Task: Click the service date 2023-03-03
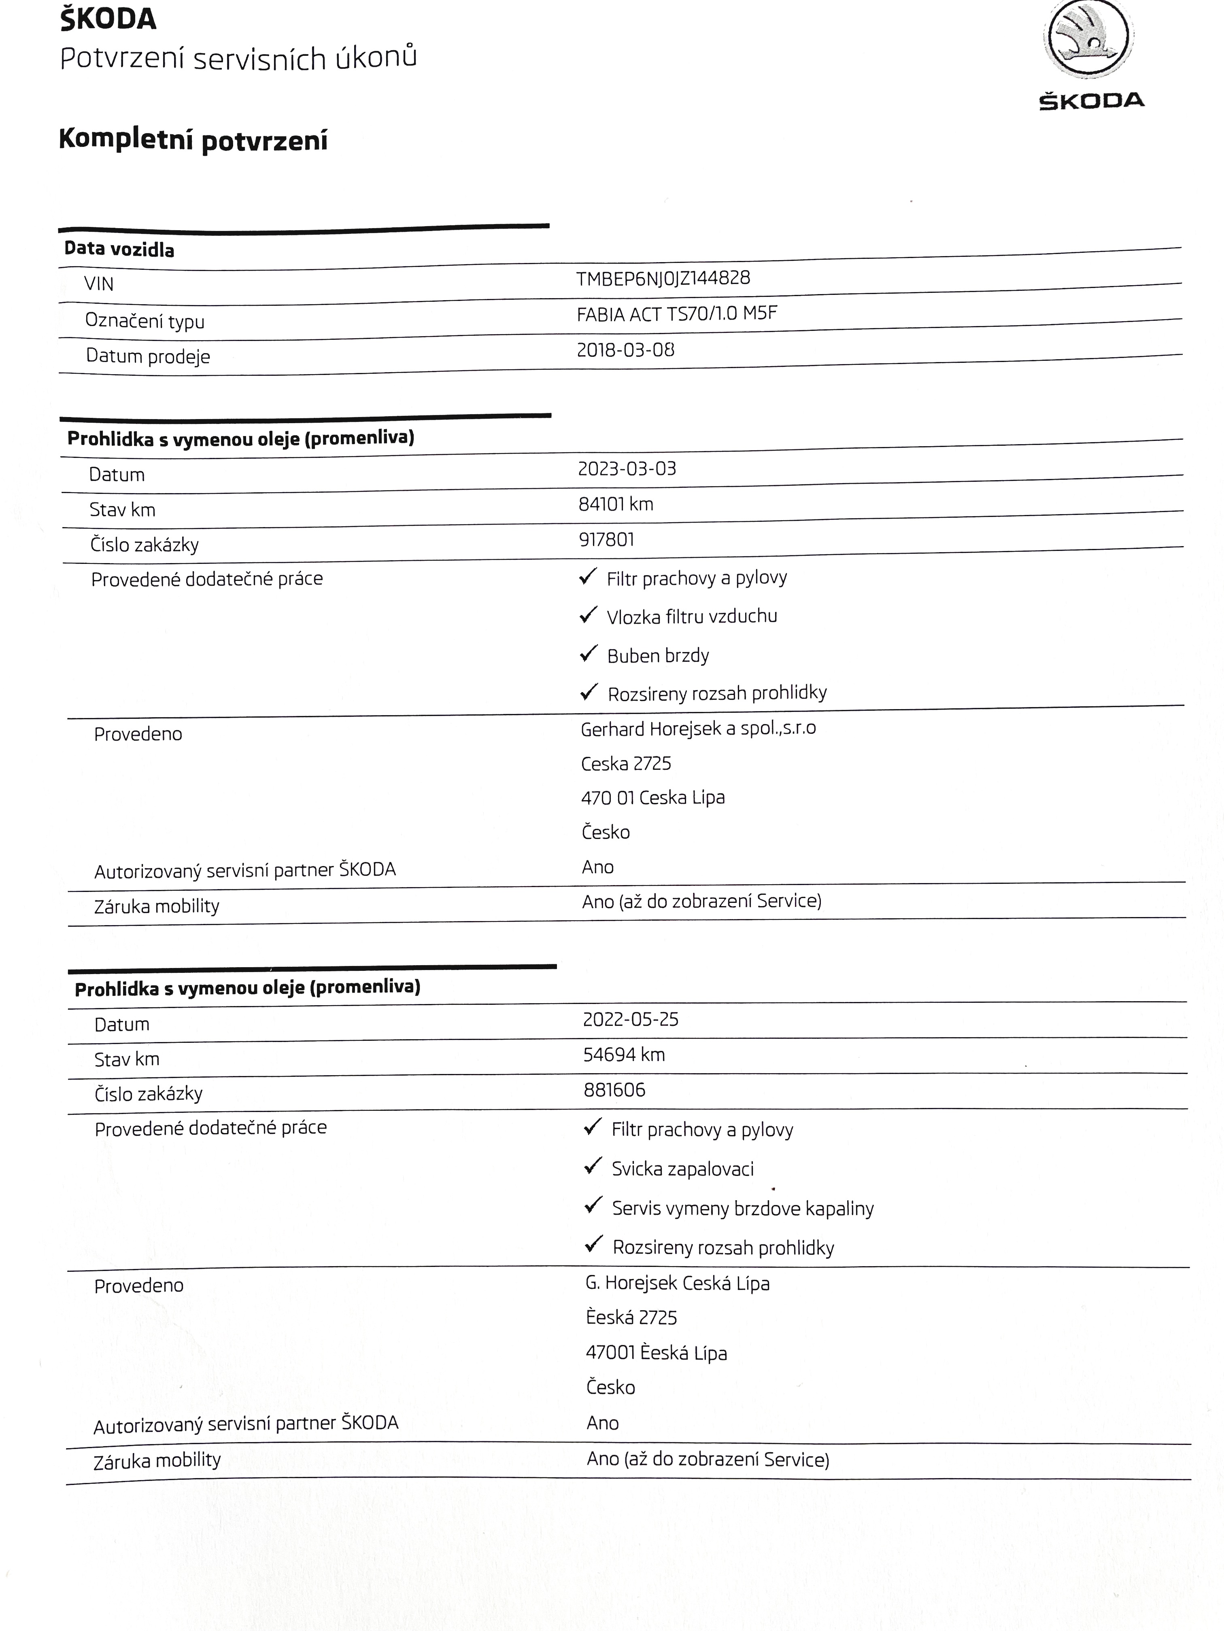(x=627, y=469)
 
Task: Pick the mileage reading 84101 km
(x=615, y=504)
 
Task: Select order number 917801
(x=606, y=540)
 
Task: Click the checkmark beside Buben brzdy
(x=588, y=653)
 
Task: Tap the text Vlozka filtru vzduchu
(x=691, y=616)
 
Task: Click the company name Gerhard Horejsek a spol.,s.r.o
(x=697, y=729)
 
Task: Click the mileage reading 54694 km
(x=623, y=1055)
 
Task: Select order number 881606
(x=614, y=1090)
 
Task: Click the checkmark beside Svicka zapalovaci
(x=593, y=1167)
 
